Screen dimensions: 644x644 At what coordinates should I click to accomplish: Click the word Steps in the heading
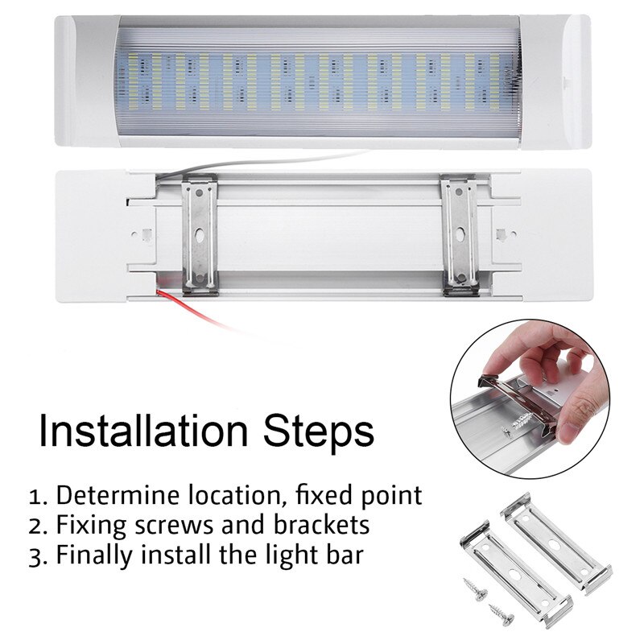(x=327, y=432)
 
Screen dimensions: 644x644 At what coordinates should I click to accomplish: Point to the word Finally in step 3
(x=93, y=556)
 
